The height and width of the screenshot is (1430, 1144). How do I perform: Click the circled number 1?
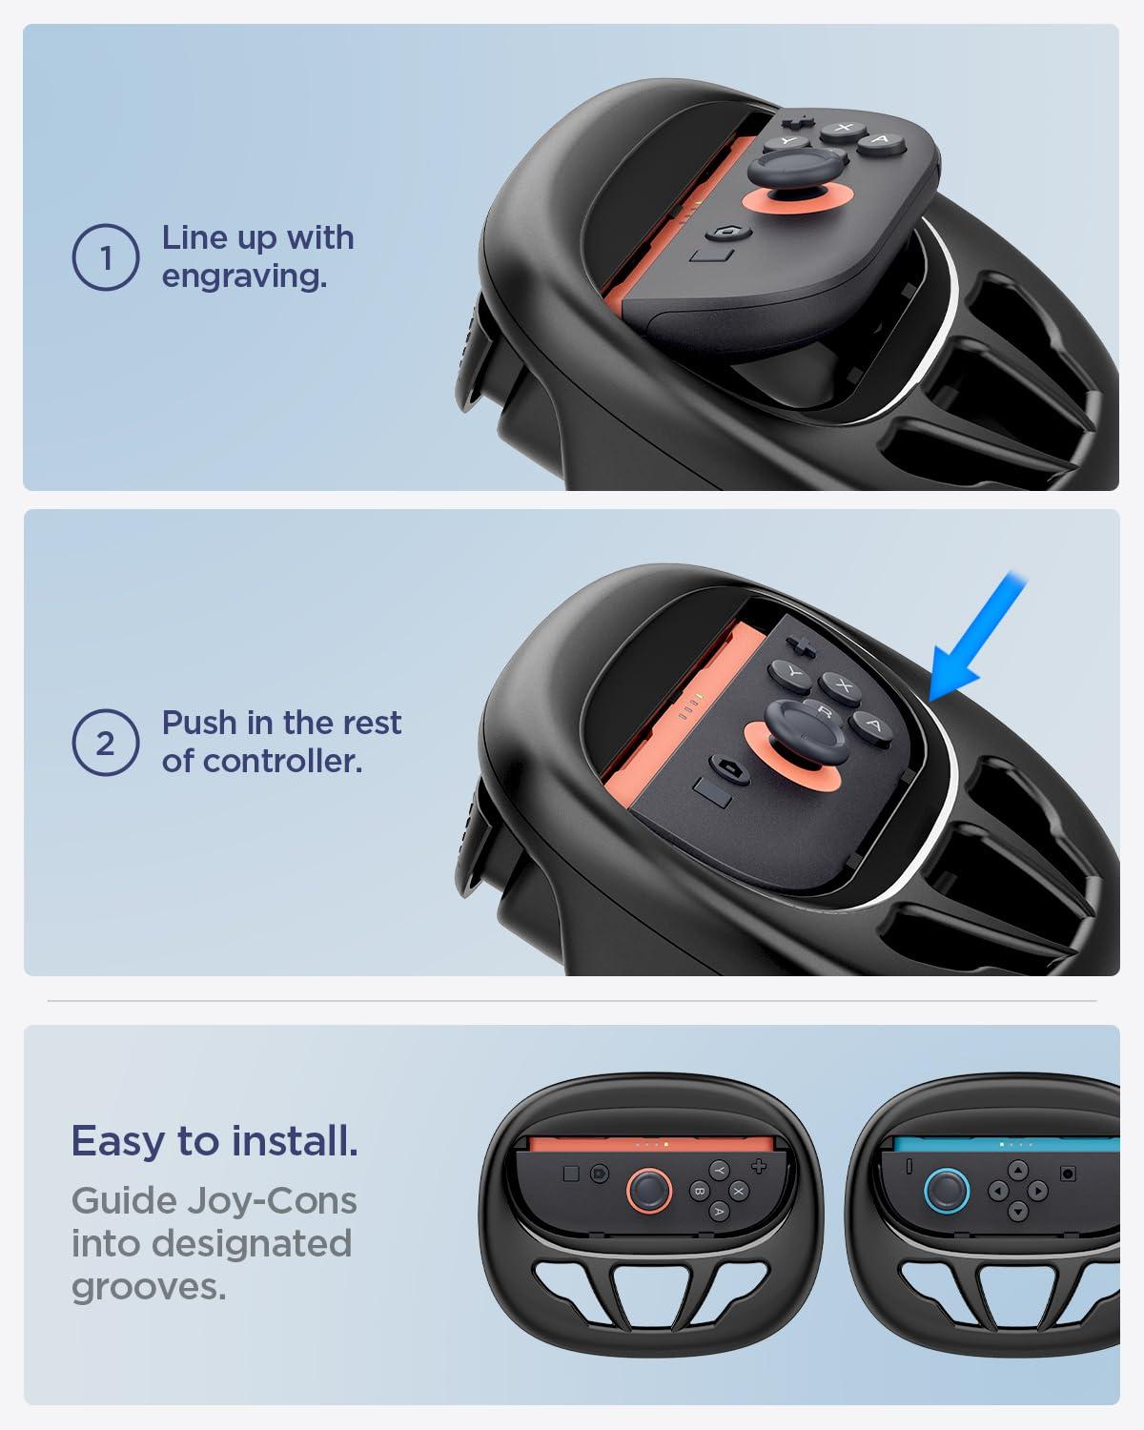pyautogui.click(x=106, y=257)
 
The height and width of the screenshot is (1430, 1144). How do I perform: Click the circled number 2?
pyautogui.click(x=106, y=743)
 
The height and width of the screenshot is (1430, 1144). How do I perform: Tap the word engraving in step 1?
pyautogui.click(x=244, y=277)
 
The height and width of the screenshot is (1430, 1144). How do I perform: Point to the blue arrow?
pyautogui.click(x=972, y=639)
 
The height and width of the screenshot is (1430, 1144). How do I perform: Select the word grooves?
pyautogui.click(x=149, y=1287)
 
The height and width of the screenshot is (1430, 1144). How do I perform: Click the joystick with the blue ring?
pyautogui.click(x=947, y=1189)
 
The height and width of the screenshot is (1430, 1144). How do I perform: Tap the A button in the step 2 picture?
pyautogui.click(x=870, y=725)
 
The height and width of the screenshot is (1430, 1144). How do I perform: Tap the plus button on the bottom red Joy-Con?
pyautogui.click(x=759, y=1166)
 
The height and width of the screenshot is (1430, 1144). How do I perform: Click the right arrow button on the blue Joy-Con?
pyautogui.click(x=1038, y=1189)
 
